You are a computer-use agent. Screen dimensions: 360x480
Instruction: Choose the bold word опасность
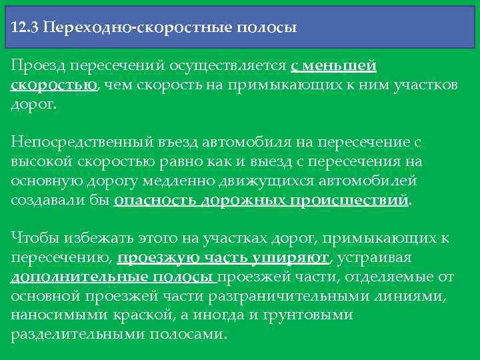click(155, 201)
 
